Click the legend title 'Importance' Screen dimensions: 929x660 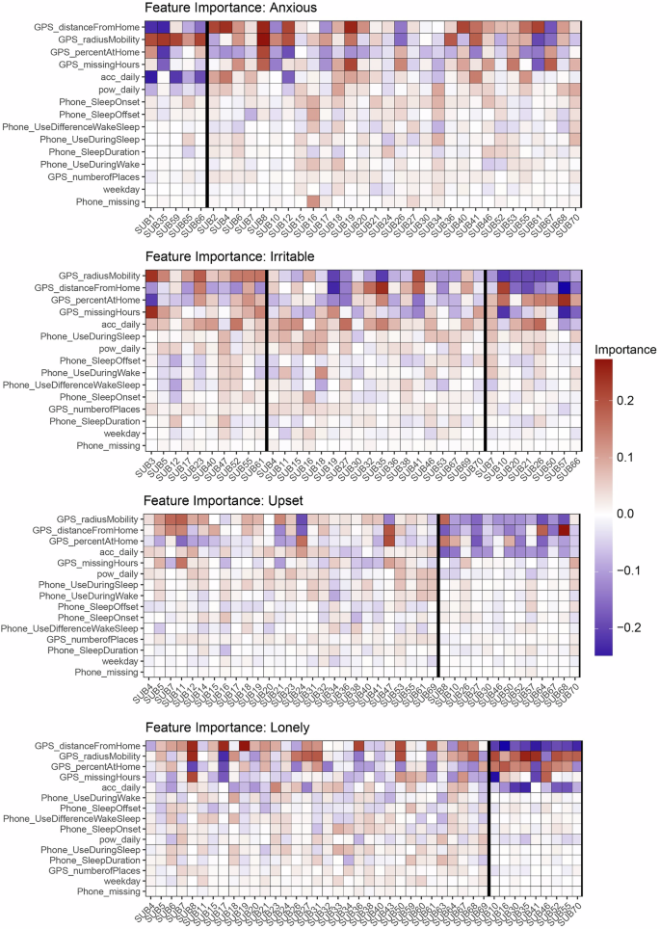pyautogui.click(x=625, y=349)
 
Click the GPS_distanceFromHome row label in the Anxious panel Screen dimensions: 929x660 pyautogui.click(x=85, y=27)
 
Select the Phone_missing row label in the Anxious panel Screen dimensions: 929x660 pyautogui.click(x=108, y=200)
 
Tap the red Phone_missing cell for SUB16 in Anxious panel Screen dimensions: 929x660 pyautogui.click(x=314, y=200)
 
